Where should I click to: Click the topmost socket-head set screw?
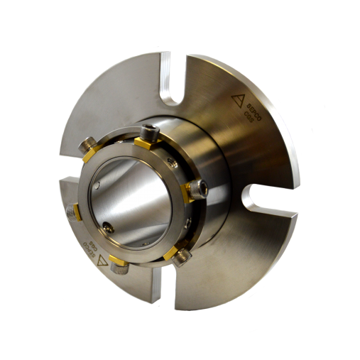(x=150, y=132)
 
